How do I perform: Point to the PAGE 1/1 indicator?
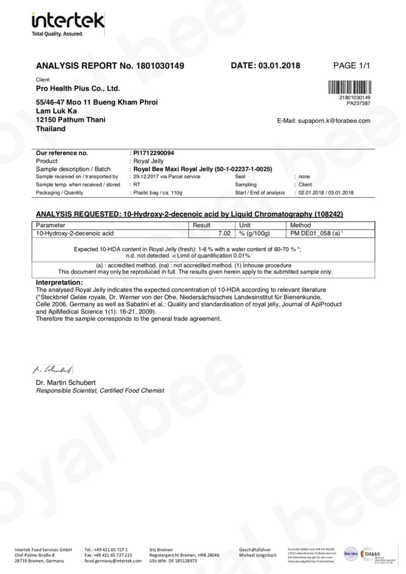(x=352, y=66)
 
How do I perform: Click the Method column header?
(x=301, y=225)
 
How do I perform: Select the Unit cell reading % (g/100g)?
(x=254, y=233)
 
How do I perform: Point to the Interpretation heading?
(x=59, y=283)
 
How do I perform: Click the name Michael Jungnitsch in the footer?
(x=257, y=555)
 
